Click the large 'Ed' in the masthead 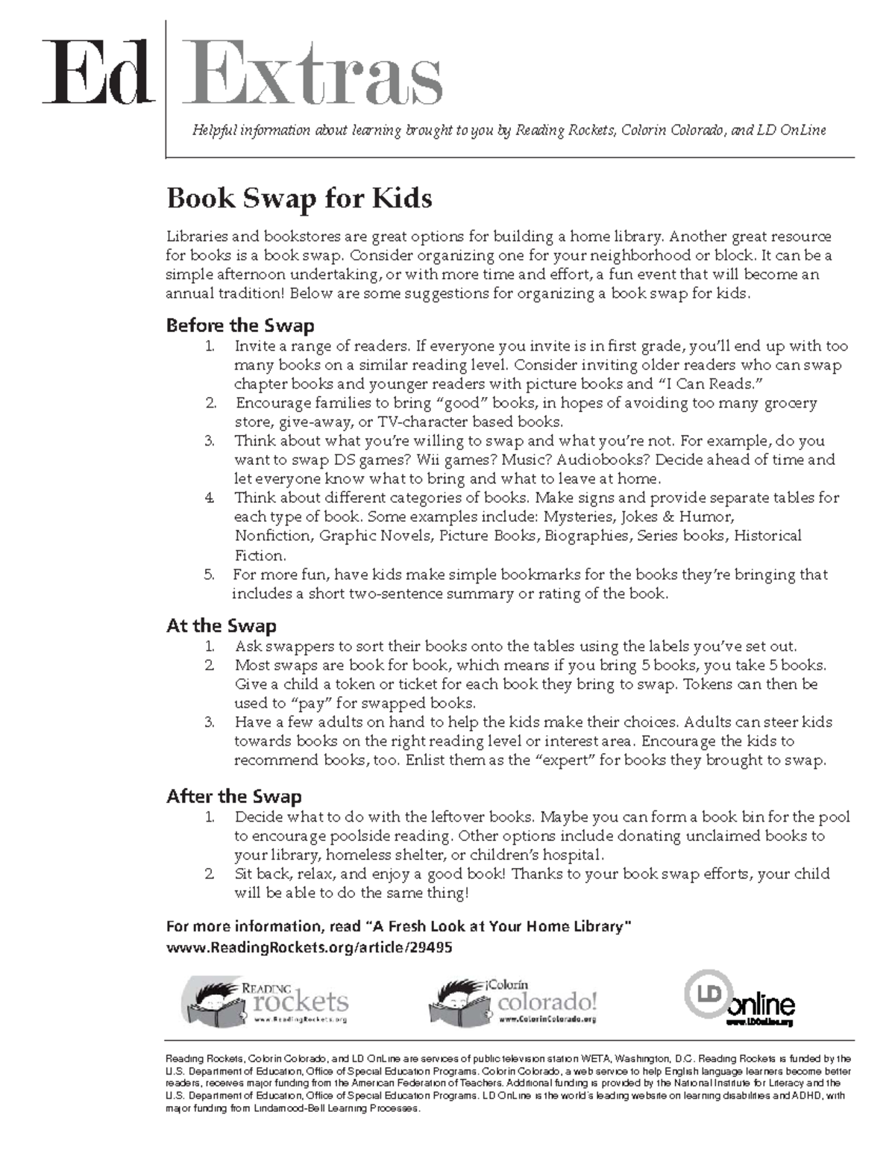click(x=96, y=74)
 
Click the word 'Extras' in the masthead click(x=313, y=74)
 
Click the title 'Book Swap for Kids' click(x=299, y=199)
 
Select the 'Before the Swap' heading click(x=239, y=325)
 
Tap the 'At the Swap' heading click(x=221, y=625)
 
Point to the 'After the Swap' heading click(x=233, y=796)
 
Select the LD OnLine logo click(x=740, y=998)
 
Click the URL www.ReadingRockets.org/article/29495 click(x=309, y=947)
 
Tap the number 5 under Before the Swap click(x=209, y=575)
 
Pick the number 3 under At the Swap click(x=210, y=722)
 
